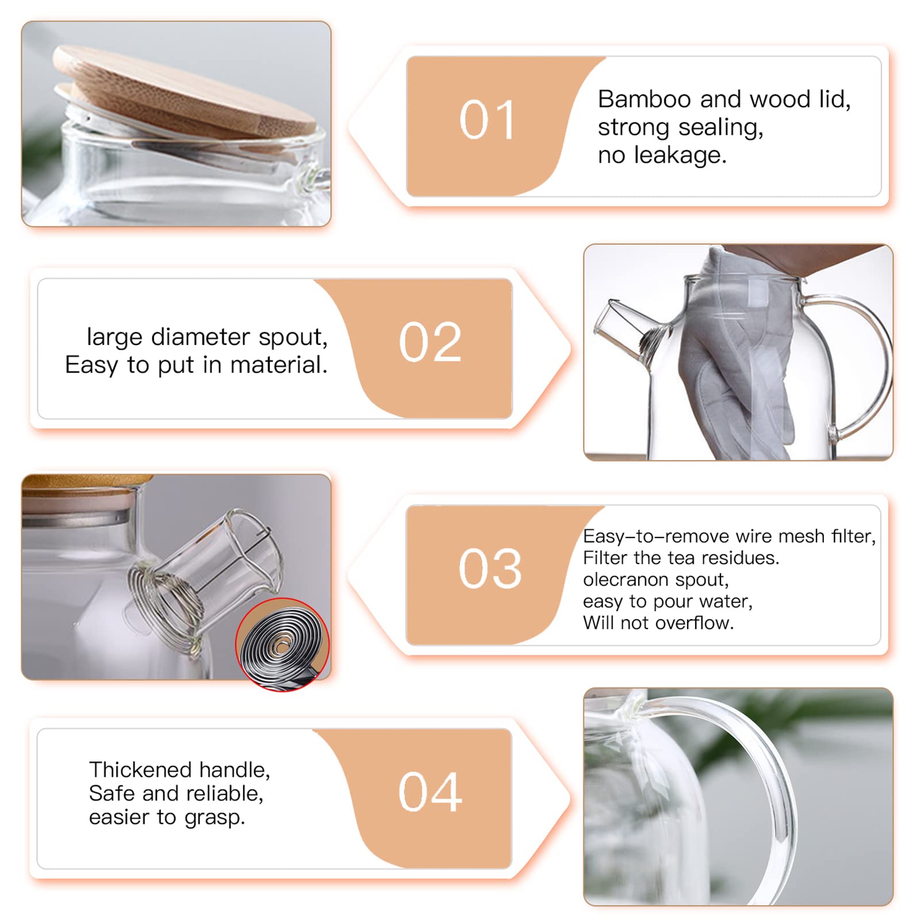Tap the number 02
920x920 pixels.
point(430,343)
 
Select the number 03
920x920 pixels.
point(490,569)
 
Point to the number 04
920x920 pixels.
point(430,793)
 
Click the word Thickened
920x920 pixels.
point(140,770)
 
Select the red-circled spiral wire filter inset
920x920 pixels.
point(282,644)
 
